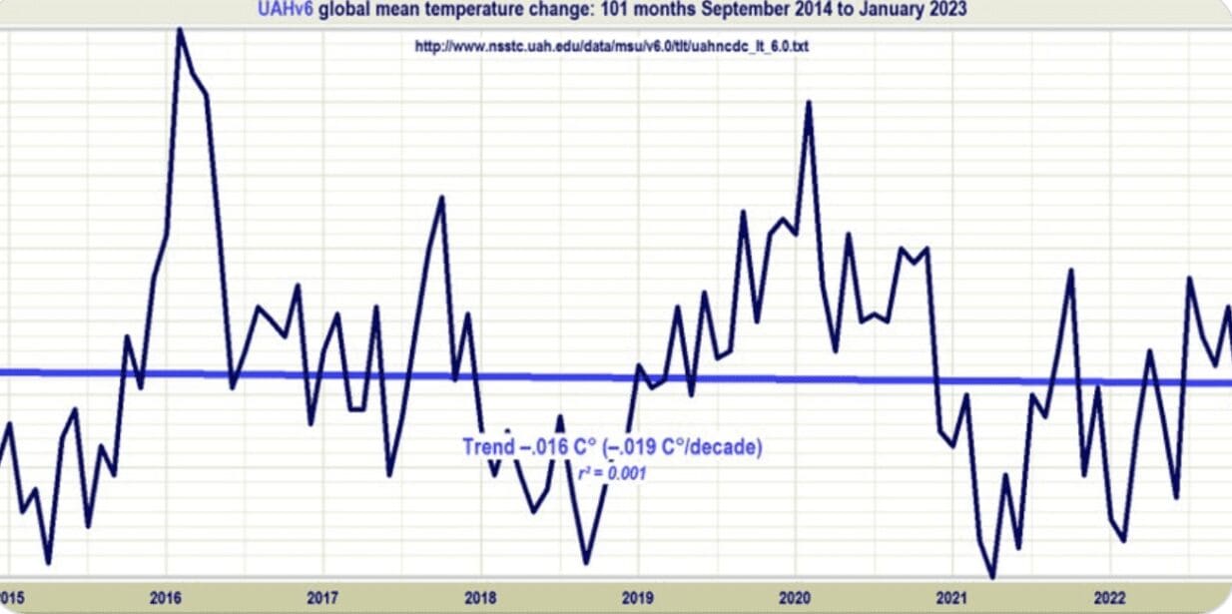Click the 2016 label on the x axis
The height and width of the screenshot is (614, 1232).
[x=165, y=598]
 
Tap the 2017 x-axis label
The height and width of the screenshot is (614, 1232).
[x=322, y=598]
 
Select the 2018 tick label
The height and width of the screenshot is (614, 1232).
[x=480, y=598]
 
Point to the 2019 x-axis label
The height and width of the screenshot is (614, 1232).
[x=637, y=598]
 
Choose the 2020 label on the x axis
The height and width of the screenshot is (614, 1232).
[x=795, y=598]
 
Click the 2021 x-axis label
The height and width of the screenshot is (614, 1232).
[x=952, y=598]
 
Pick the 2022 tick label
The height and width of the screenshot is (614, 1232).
[x=1109, y=598]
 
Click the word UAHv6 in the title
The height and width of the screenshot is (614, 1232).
[x=285, y=9]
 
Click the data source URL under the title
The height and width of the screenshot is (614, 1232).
[x=612, y=47]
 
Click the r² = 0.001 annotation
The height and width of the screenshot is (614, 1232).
[x=612, y=473]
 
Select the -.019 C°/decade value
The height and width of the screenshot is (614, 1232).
[x=683, y=447]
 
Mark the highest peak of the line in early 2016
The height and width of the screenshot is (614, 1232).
[x=180, y=30]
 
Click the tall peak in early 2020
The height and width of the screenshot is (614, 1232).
[x=809, y=103]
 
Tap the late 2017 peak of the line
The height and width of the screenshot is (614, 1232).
[x=441, y=198]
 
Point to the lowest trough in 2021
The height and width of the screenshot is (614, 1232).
[x=992, y=576]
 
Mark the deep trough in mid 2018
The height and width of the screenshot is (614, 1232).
[x=586, y=562]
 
